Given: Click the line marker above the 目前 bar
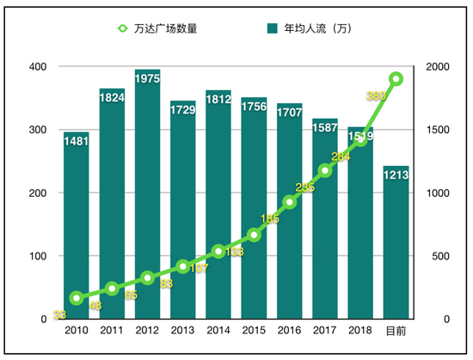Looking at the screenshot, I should (396, 79).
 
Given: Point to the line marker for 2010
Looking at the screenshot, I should (77, 298).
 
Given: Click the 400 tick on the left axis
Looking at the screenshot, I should (38, 67).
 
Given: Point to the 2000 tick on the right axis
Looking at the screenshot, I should (439, 67).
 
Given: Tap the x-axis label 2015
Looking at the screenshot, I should (254, 331).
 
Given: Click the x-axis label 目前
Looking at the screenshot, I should (396, 331).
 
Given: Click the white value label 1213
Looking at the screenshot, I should (396, 175).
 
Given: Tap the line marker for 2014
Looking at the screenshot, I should (218, 252).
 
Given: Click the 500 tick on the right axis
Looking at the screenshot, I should (437, 256).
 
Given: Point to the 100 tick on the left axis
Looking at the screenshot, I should (38, 256).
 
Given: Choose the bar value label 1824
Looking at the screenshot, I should (112, 98).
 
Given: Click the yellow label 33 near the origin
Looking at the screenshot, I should (59, 314).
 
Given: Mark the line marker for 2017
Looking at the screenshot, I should (324, 170).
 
